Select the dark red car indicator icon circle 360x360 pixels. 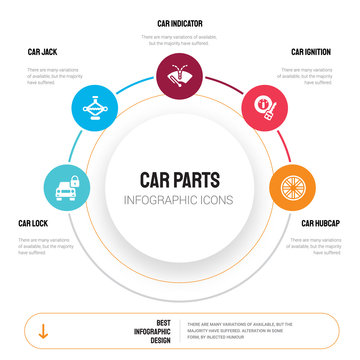coord(180,74)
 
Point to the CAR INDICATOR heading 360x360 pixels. coord(180,21)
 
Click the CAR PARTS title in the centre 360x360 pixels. coord(180,179)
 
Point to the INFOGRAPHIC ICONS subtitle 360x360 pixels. coord(180,199)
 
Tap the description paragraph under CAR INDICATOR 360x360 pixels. coord(180,40)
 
